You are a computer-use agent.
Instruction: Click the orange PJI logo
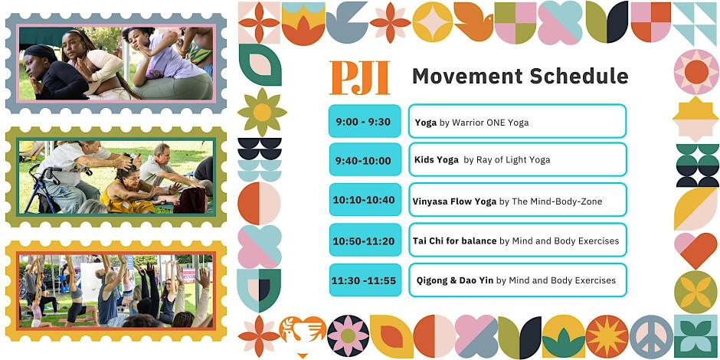(359, 78)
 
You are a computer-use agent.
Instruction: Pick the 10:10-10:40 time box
(365, 200)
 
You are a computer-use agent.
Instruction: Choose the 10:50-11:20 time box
(365, 240)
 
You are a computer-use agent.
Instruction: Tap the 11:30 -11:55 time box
(365, 280)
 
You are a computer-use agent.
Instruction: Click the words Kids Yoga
(437, 160)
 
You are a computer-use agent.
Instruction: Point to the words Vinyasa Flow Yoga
(454, 201)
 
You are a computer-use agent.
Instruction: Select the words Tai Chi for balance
(454, 241)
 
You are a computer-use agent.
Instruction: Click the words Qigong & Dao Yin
(454, 280)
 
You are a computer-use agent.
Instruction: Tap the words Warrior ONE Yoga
(490, 123)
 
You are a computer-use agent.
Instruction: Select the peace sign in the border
(651, 336)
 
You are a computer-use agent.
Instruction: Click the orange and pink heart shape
(695, 250)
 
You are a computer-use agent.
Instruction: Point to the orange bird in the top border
(473, 21)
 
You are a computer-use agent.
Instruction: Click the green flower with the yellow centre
(262, 112)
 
